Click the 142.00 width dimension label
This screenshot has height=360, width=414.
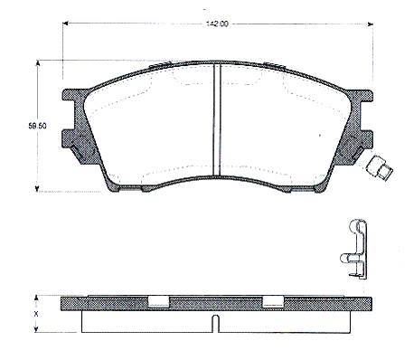[217, 24]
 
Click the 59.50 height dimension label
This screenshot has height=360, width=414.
[38, 126]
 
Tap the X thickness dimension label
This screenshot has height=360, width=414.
[36, 314]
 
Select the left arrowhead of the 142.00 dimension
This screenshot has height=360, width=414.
[65, 24]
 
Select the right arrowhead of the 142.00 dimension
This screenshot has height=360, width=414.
[371, 24]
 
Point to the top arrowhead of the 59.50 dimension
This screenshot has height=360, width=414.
[38, 63]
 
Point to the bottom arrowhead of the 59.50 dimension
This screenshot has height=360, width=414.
[37, 188]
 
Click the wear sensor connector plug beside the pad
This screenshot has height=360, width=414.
[380, 169]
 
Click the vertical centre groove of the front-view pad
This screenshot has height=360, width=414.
[217, 118]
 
